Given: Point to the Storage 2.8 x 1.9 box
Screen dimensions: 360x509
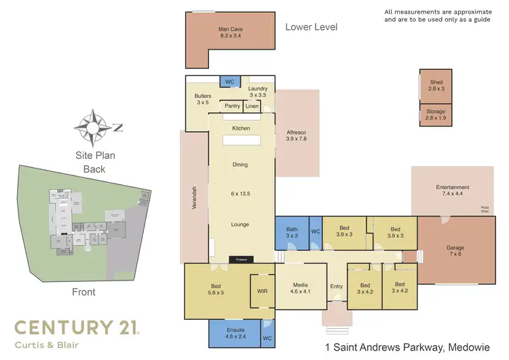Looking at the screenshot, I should pyautogui.click(x=435, y=115).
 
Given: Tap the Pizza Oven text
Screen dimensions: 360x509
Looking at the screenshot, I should pyautogui.click(x=485, y=209).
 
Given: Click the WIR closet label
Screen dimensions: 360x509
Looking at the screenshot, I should pyautogui.click(x=262, y=290).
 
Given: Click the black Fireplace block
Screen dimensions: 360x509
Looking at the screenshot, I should pyautogui.click(x=240, y=259).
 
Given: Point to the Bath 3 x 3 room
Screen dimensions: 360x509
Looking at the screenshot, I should pyautogui.click(x=291, y=233).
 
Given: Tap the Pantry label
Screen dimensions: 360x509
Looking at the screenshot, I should pyautogui.click(x=232, y=107).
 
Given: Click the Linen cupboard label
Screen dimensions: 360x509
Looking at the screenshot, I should pyautogui.click(x=252, y=107).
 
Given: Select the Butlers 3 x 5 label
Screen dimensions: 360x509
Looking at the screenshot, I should pyautogui.click(x=202, y=100).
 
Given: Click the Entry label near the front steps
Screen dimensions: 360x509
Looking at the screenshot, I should pyautogui.click(x=337, y=287).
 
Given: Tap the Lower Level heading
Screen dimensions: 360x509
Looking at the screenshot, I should pyautogui.click(x=311, y=27).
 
